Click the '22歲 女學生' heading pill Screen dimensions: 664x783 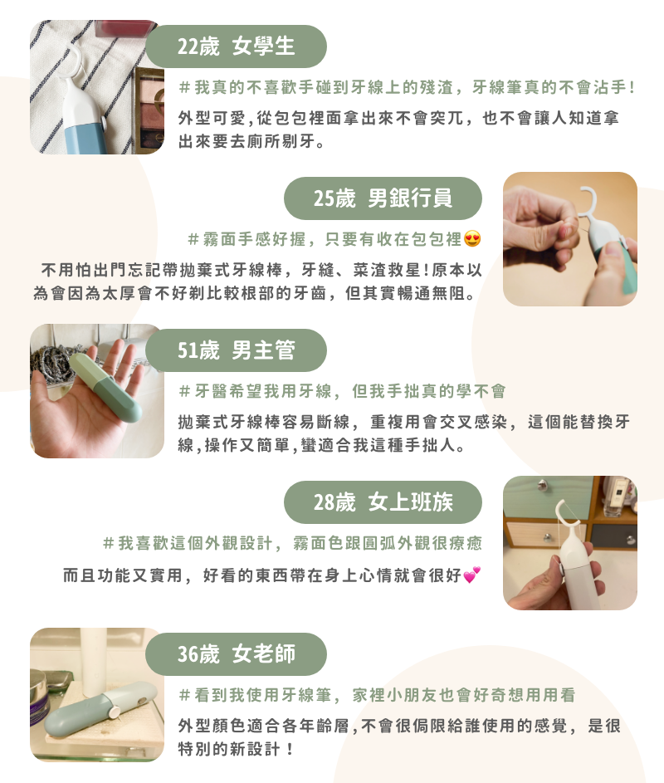[x=237, y=46]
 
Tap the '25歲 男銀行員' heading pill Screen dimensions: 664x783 [x=383, y=198]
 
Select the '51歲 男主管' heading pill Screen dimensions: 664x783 [x=237, y=350]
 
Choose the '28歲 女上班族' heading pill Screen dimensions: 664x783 [x=383, y=502]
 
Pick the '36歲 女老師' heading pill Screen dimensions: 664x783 [x=237, y=654]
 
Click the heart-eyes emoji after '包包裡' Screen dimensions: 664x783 [x=471, y=238]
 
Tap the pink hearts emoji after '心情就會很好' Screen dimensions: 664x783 [x=471, y=575]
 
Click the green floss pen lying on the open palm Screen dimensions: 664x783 [x=105, y=387]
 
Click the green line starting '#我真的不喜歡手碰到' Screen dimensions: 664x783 [x=407, y=87]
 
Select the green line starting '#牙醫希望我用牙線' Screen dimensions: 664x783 [x=343, y=391]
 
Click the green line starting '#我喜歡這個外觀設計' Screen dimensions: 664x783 [x=292, y=543]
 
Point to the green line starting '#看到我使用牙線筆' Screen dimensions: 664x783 [x=377, y=695]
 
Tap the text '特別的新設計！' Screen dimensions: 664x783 [x=236, y=749]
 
